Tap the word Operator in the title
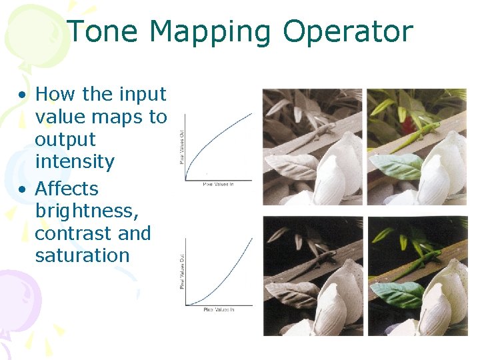point(348,33)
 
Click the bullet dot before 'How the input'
point(23,95)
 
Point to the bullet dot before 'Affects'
point(23,189)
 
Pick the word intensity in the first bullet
point(75,162)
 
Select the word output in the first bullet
point(65,140)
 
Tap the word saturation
point(82,255)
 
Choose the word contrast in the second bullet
point(73,234)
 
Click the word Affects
point(67,189)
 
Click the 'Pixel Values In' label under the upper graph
point(219,184)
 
